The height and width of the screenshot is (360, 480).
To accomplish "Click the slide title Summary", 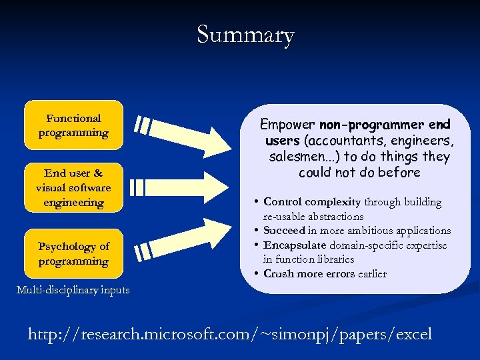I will click(x=245, y=34).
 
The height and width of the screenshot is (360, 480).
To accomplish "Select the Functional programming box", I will click(x=73, y=125).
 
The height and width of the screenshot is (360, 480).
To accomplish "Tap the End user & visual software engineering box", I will click(x=73, y=188).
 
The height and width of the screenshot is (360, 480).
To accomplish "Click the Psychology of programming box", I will click(x=73, y=254).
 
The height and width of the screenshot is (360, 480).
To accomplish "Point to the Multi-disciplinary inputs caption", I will click(x=73, y=289).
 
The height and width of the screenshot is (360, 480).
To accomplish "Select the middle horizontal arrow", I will click(x=177, y=187).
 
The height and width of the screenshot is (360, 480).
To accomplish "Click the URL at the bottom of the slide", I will click(x=230, y=334).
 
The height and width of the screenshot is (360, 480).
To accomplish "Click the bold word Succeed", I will click(x=284, y=231).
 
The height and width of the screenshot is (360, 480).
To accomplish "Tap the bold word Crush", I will click(x=279, y=274).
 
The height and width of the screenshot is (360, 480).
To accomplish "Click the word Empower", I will click(x=288, y=125).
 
